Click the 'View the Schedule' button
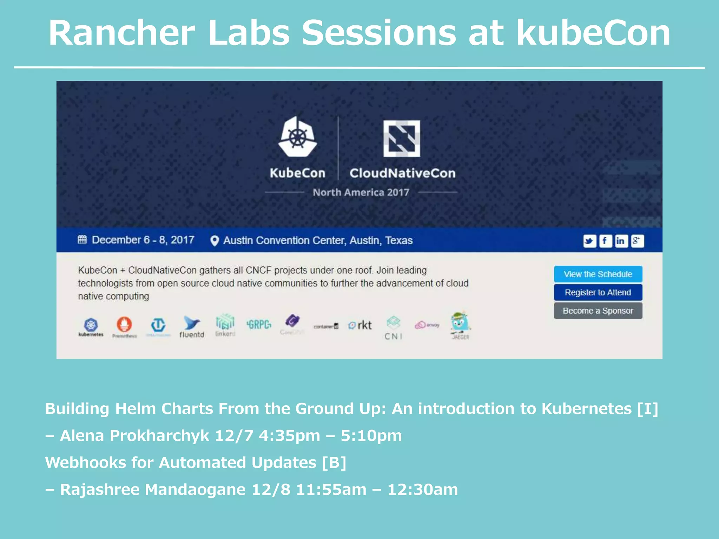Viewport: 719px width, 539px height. coord(598,274)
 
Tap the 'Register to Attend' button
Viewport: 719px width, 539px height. coord(598,292)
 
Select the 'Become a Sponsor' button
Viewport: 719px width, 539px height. coord(598,311)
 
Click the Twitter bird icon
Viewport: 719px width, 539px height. coord(589,241)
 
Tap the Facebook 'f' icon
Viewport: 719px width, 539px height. coord(605,241)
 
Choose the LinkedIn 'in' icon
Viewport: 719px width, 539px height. coord(621,241)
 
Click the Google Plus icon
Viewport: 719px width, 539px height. coord(637,241)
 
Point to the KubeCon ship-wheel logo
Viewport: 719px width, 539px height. coord(298,137)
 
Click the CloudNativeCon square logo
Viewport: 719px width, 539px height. coord(402,138)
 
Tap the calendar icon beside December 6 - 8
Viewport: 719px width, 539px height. coord(82,240)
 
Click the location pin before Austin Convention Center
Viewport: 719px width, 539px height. coord(215,241)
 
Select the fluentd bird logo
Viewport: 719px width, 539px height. coord(191,323)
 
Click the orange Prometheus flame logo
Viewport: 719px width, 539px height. coord(124,324)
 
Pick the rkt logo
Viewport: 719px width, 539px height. coord(360,325)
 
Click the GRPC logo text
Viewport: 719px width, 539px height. coord(259,325)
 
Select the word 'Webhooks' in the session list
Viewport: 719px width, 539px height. coord(86,463)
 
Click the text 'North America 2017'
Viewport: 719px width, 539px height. coord(361,192)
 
